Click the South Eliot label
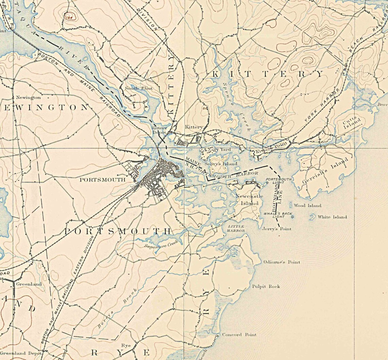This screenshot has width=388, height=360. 139,88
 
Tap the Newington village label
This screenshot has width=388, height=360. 29,98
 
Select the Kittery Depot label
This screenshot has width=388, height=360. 159,130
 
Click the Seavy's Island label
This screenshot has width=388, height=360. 223,164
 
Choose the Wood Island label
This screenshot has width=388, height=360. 308,206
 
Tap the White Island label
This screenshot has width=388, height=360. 332,217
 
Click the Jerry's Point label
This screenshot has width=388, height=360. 277,229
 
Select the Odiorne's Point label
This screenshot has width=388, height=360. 282,262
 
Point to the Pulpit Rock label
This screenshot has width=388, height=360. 266,286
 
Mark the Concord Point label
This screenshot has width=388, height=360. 239,335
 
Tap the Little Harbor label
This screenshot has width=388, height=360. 236,228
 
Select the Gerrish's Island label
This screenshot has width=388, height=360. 325,171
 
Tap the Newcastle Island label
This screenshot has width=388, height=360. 249,200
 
